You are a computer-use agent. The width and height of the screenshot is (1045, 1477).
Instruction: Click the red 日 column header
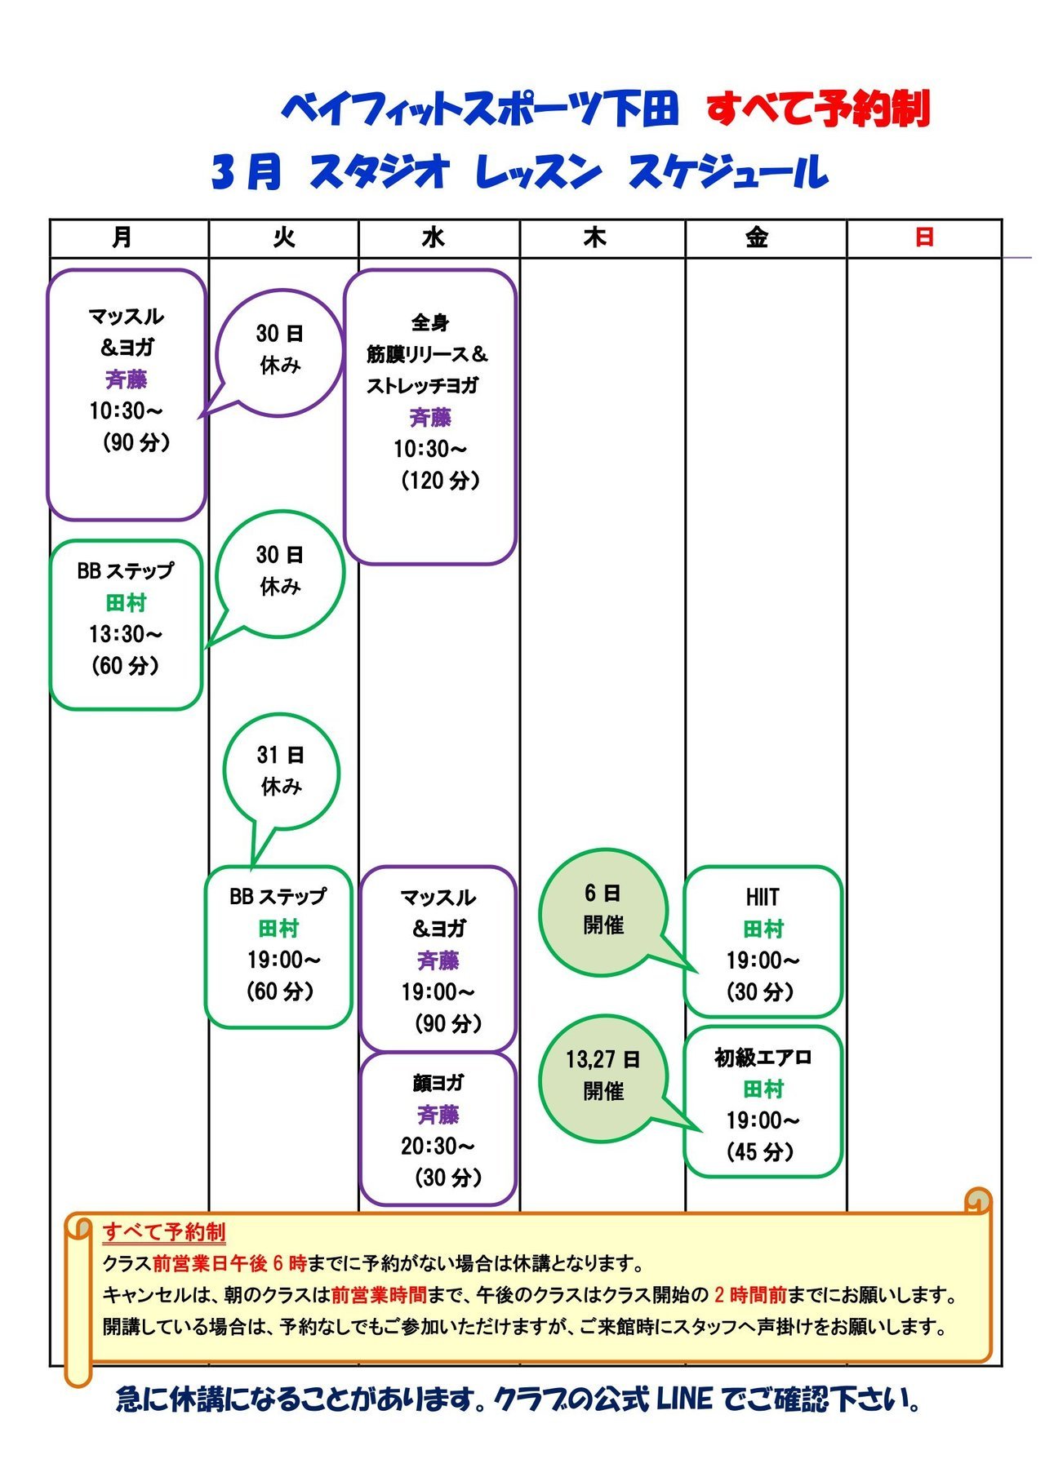pyautogui.click(x=924, y=237)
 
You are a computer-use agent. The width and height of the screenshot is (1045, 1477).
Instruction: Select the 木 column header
pyautogui.click(x=595, y=237)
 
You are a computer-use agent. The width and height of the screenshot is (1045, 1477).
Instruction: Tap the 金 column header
pyautogui.click(x=756, y=237)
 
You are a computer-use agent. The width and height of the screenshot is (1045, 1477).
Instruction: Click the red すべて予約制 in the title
pyautogui.click(x=818, y=109)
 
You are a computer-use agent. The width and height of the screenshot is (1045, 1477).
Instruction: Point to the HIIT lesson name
pyautogui.click(x=762, y=897)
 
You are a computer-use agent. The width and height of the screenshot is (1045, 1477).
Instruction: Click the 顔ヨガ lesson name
pyautogui.click(x=438, y=1083)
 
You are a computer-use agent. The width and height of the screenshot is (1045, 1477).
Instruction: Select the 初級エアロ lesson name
pyautogui.click(x=763, y=1058)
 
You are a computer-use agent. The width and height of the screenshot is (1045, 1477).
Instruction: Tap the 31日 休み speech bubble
pyautogui.click(x=281, y=771)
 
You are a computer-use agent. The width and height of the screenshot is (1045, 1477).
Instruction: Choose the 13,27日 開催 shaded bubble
pyautogui.click(x=603, y=1076)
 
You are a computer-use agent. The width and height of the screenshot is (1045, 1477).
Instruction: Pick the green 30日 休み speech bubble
pyautogui.click(x=280, y=571)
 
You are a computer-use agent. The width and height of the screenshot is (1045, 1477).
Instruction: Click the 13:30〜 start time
pyautogui.click(x=126, y=634)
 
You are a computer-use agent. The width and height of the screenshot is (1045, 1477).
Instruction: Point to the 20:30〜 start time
pyautogui.click(x=438, y=1147)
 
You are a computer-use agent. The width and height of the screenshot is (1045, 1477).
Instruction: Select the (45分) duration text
pyautogui.click(x=760, y=1152)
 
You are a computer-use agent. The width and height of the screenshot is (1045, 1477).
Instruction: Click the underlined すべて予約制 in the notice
pyautogui.click(x=164, y=1231)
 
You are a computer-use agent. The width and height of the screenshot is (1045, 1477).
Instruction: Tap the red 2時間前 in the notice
pyautogui.click(x=749, y=1295)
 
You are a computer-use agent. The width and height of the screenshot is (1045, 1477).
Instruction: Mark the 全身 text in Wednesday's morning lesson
pyautogui.click(x=430, y=323)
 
